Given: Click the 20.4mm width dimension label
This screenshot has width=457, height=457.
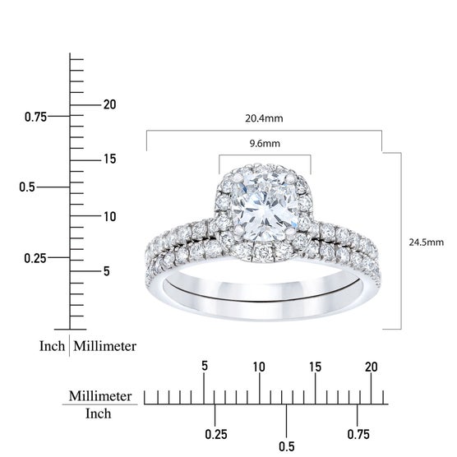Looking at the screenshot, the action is [264, 118].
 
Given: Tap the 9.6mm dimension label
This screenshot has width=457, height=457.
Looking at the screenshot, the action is [265, 143].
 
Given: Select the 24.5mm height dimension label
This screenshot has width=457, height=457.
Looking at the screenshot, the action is [426, 242].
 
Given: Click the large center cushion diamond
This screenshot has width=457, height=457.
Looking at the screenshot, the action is [264, 206].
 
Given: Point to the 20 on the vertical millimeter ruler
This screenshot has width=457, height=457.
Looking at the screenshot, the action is [110, 104].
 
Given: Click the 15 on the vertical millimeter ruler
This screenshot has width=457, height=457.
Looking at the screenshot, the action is [110, 159].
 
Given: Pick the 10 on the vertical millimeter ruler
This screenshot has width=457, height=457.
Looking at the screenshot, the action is [110, 217].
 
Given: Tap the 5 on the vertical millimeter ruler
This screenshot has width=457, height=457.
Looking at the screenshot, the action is [107, 271].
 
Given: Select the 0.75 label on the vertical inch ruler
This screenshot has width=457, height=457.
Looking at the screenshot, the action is [35, 118].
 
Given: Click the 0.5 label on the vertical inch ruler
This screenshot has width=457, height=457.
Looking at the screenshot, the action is [27, 187].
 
